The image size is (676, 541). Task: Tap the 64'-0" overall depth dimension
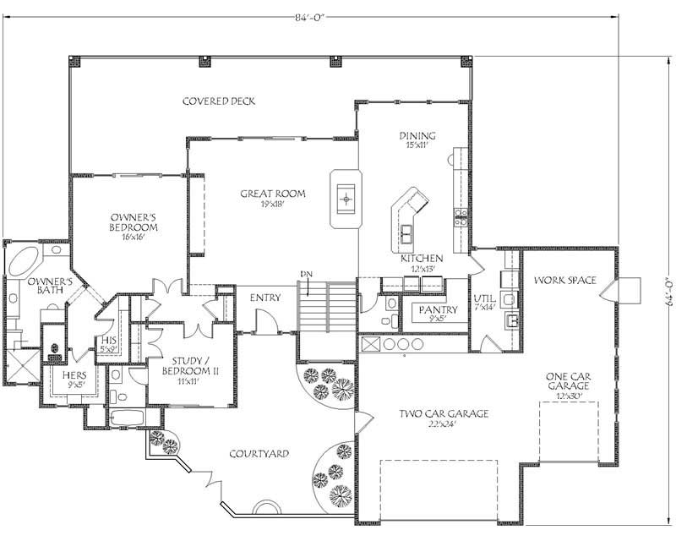point(667,291)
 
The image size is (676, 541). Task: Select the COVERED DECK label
point(219,101)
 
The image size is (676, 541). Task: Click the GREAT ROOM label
point(272,194)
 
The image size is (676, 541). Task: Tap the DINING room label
point(417,135)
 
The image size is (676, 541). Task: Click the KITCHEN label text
point(420,258)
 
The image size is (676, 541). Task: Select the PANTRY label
point(438,310)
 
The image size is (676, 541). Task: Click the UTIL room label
point(482,299)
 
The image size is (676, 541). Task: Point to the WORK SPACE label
point(565,281)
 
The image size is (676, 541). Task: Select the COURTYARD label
point(259,454)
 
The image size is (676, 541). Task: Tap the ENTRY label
point(264,298)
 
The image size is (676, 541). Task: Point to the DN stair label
point(308,275)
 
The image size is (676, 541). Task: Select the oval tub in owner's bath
point(23,259)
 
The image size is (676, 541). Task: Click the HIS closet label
point(106,342)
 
